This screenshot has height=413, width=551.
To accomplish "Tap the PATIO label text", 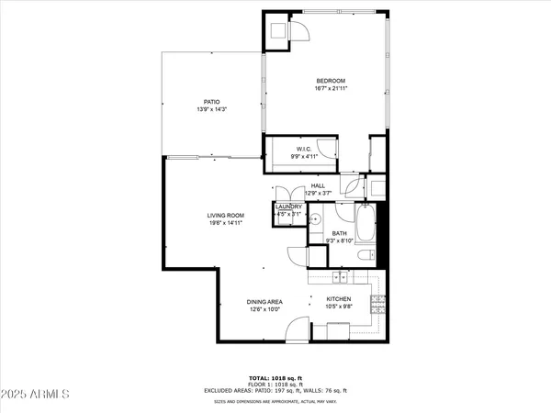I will point(211,102).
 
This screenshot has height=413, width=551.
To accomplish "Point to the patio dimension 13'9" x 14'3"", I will point(211,110).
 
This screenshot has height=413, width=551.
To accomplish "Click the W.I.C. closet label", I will point(305,149).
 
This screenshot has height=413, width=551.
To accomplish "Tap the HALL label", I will point(318,185).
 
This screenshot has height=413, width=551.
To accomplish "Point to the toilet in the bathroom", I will point(365,254).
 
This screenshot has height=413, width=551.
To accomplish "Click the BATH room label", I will point(339,234).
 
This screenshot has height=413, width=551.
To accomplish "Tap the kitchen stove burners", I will point(377,302).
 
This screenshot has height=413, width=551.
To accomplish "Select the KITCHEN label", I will point(339,299).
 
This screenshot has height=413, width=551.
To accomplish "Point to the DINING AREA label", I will point(264,301).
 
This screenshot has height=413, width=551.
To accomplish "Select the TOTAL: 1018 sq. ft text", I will point(275,376).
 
